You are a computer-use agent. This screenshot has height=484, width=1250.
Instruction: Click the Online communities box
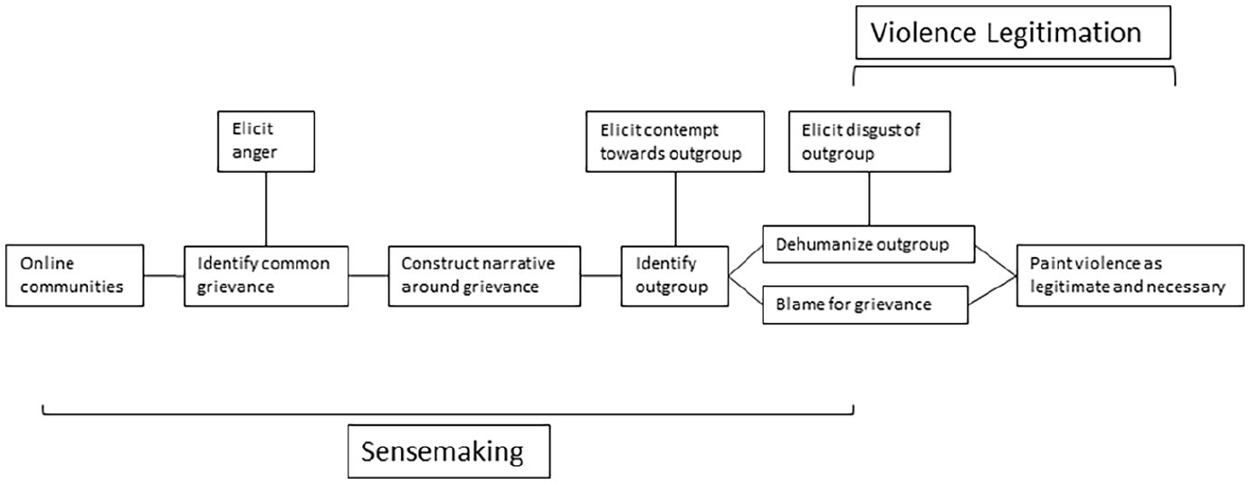pos(75,275)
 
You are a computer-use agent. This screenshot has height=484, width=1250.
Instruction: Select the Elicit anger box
pos(266,141)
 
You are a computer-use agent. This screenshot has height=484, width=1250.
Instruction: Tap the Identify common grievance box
pos(266,276)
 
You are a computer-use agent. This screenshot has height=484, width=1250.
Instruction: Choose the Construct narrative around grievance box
pos(484,276)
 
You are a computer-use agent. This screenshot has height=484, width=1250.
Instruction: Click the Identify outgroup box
pos(674,276)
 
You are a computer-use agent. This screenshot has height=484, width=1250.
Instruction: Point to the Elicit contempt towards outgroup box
pos(675,141)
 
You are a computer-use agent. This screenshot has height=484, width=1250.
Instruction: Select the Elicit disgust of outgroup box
pos(870,141)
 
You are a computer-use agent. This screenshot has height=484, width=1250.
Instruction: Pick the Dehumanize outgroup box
pos(869,244)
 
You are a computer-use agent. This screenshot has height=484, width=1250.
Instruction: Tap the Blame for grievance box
pos(865,305)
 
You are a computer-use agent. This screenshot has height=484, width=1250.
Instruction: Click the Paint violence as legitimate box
pos(1130,275)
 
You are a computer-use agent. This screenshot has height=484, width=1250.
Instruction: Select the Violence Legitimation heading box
pos(1014,33)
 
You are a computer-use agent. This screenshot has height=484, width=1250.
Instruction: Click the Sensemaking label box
pos(449,451)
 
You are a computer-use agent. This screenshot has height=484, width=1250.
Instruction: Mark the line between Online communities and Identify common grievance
pos(164,275)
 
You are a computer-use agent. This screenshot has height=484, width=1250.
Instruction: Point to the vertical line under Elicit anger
pos(266,209)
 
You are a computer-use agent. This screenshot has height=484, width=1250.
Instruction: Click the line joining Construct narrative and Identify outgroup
pos(601,275)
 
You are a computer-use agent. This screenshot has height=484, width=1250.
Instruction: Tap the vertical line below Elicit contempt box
pos(676,209)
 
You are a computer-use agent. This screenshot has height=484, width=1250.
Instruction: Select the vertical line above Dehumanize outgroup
pos(870,198)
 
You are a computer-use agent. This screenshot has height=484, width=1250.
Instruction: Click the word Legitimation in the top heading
pos(1064,33)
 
